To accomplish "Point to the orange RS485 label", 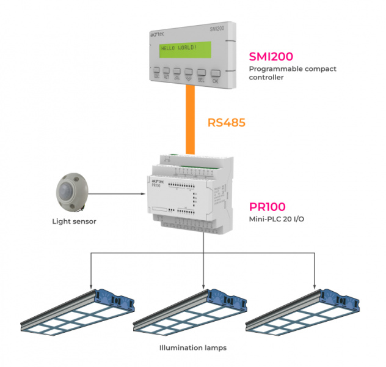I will coord(227,122).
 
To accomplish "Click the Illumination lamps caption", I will coord(192,347).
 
